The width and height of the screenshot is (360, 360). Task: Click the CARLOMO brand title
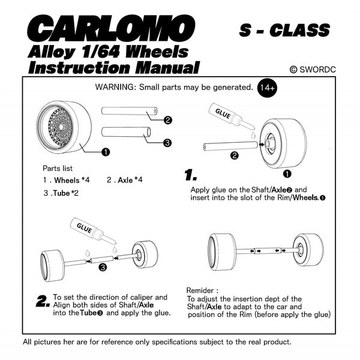pos(111,28)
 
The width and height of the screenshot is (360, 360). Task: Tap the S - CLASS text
pos(284,30)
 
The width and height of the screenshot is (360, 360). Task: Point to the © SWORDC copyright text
pos(313,70)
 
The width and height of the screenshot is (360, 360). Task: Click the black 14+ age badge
pos(267,88)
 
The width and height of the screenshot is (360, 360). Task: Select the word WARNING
pos(114,87)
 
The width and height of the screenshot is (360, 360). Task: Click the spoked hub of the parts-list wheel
pos(61,127)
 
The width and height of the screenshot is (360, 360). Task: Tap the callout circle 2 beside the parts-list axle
pos(167,120)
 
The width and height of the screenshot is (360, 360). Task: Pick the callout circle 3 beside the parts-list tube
pos(167,143)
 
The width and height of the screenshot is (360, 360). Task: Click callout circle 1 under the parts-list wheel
pos(106,152)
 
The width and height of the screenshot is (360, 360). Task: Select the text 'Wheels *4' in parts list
pos(71,180)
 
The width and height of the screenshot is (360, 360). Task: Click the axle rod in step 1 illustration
pos(230,146)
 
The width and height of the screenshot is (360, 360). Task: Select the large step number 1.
pos(191,175)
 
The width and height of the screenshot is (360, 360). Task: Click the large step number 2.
pos(43,301)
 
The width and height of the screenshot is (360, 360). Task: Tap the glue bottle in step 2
pos(93,231)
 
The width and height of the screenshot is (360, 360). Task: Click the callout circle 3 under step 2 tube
pos(103,267)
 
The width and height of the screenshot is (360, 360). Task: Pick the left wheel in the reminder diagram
pos(222,252)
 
